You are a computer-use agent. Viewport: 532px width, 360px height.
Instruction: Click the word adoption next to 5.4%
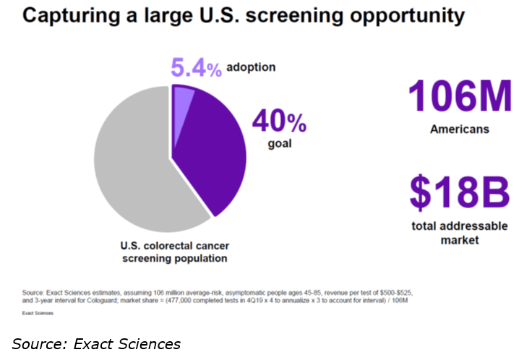pyautogui.click(x=252, y=67)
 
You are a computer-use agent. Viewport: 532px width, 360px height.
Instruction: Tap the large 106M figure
pyautogui.click(x=460, y=98)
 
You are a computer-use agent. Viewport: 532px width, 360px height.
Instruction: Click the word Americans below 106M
pyautogui.click(x=460, y=130)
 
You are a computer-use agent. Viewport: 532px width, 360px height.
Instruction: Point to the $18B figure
pyautogui.click(x=460, y=192)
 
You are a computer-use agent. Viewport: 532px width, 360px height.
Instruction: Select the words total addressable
pyautogui.click(x=460, y=226)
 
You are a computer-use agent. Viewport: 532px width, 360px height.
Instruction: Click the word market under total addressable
pyautogui.click(x=460, y=239)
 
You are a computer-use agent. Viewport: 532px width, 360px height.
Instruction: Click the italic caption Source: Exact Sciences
pyautogui.click(x=96, y=343)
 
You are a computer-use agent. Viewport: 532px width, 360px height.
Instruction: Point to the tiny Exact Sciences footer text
pyautogui.click(x=37, y=314)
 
